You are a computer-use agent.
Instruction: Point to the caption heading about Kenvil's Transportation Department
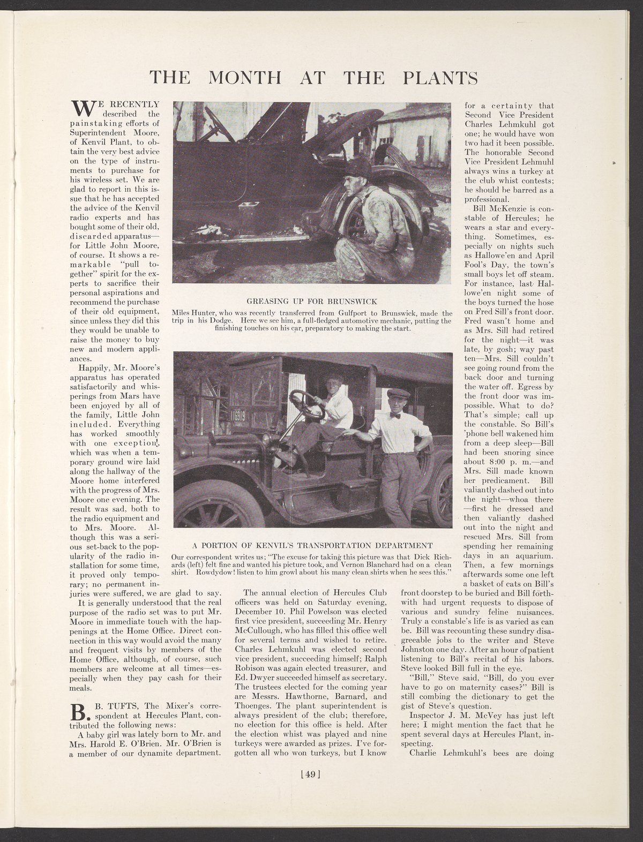click(x=312, y=545)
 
